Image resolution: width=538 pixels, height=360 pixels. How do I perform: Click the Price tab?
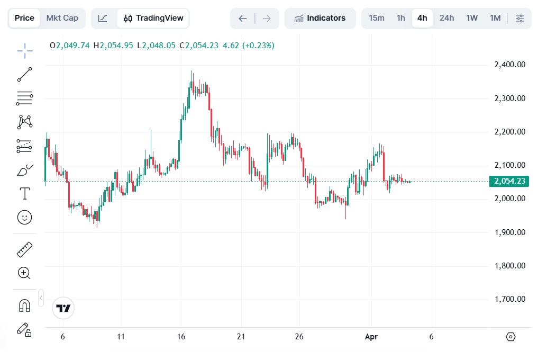(x=24, y=18)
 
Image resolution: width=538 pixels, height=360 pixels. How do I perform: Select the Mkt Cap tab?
(x=62, y=18)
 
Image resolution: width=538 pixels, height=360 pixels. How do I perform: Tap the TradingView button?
(x=153, y=18)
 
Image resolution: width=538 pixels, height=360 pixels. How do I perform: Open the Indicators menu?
(x=320, y=18)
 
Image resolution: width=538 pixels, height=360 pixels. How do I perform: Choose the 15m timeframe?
(x=377, y=18)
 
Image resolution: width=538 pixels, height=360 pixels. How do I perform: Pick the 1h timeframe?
(x=401, y=18)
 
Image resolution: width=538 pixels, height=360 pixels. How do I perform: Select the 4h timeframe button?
(x=422, y=18)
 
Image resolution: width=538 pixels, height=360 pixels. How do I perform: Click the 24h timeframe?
(x=446, y=18)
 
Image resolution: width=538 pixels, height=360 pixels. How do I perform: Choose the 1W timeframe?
(x=472, y=18)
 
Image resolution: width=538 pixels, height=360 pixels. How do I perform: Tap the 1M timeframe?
(x=495, y=18)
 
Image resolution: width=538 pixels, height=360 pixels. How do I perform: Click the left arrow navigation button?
(x=243, y=19)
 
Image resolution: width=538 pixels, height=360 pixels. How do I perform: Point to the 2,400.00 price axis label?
(x=510, y=65)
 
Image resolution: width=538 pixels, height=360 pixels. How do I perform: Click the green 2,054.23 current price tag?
(x=509, y=181)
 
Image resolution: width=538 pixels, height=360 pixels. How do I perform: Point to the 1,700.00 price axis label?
(x=510, y=299)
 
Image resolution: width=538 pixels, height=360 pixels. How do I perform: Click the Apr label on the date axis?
(x=371, y=337)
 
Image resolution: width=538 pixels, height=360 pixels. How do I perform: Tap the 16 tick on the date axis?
(x=181, y=337)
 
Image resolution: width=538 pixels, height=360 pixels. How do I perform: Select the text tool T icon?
(x=25, y=193)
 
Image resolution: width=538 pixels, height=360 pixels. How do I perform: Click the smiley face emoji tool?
(x=25, y=218)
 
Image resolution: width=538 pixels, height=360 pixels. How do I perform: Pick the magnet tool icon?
(x=25, y=305)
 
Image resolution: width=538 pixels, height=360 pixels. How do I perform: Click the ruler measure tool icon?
(x=25, y=249)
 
